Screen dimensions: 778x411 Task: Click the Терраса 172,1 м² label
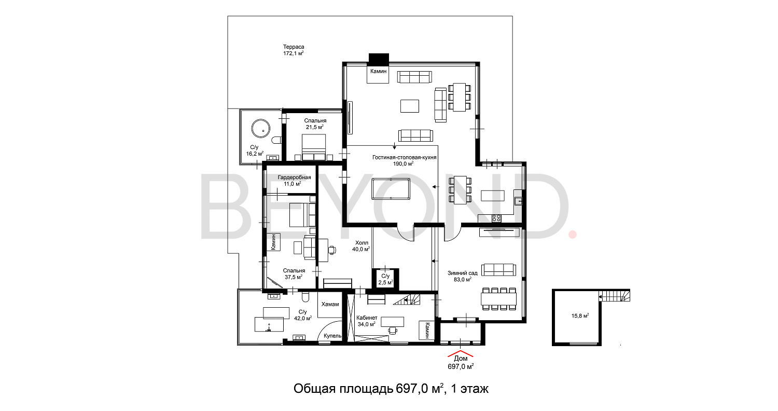294,50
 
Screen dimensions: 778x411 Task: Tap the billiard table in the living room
391,189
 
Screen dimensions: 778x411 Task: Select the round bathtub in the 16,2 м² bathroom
261,128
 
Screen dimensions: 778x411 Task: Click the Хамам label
330,304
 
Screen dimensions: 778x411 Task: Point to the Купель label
332,336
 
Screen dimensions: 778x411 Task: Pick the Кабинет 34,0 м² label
367,321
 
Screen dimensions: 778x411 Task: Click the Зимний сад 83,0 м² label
463,276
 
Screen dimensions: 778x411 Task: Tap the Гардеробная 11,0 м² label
294,181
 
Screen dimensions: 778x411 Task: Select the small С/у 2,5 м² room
385,279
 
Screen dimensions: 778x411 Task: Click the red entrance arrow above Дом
461,355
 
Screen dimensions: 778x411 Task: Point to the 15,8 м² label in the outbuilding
580,316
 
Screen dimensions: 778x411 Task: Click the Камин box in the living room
378,73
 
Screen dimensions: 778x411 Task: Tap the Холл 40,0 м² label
361,246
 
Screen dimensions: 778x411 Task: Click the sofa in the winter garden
499,270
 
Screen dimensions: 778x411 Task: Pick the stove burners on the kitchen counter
496,218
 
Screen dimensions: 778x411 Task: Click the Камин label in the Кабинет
427,331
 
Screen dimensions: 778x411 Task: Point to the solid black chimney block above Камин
379,58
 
